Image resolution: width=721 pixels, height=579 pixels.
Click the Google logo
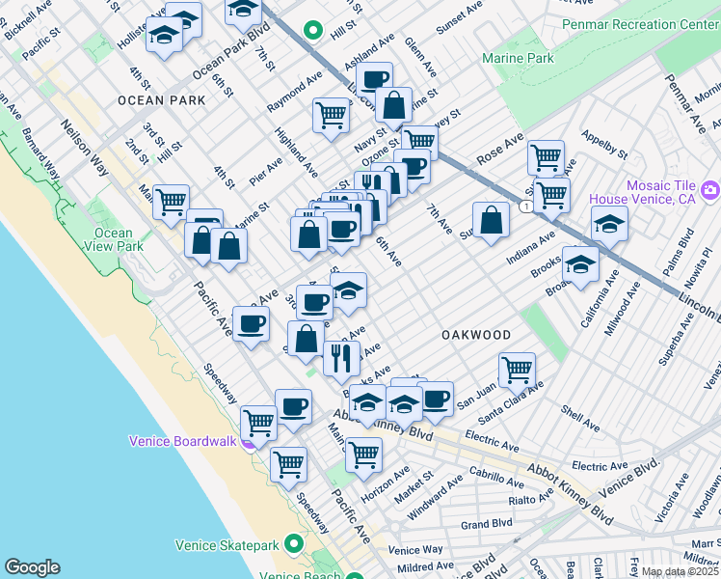[x=32, y=567]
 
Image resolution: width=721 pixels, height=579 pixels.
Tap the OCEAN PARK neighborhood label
[x=162, y=100]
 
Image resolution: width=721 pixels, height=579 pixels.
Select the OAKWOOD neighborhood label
[x=476, y=335]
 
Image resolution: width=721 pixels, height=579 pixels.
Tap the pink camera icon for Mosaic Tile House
[x=711, y=188]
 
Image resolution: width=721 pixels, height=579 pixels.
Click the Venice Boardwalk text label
[x=182, y=442]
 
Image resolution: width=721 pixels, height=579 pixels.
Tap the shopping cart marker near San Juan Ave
[x=517, y=368]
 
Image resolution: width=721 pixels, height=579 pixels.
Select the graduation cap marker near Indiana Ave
[x=609, y=224]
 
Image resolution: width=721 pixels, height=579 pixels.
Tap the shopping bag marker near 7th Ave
[x=491, y=218]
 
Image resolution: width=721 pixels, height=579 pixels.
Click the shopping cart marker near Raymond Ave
[x=330, y=115]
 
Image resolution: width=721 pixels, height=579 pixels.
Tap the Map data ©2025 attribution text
[x=679, y=571]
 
